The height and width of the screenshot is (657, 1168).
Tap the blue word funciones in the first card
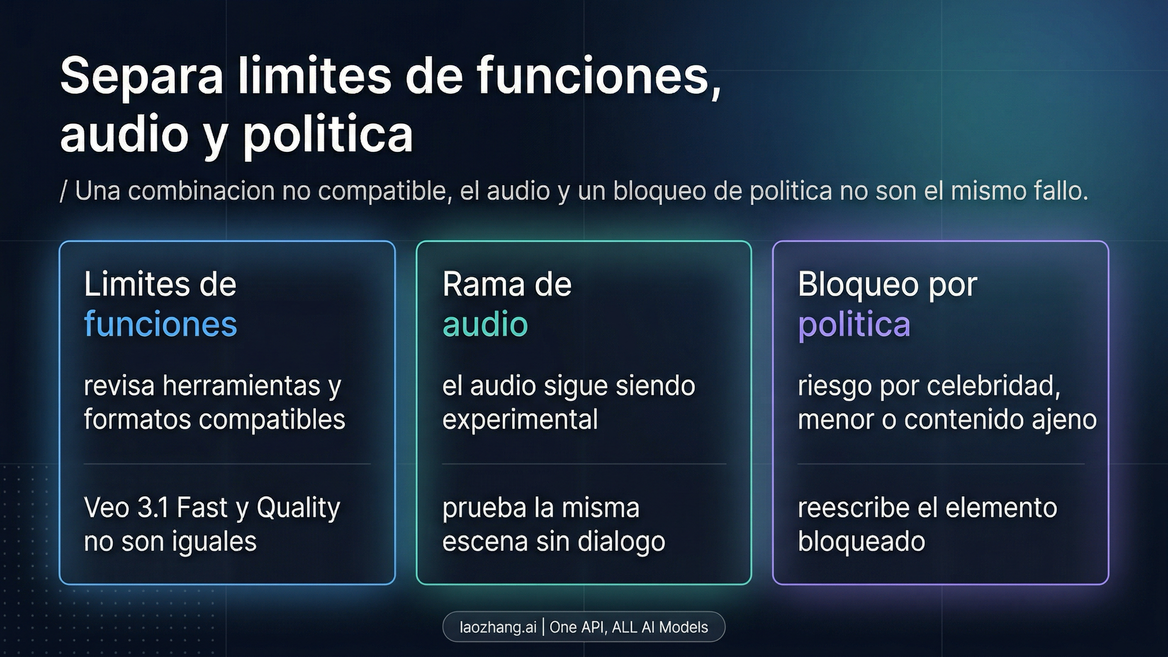(161, 324)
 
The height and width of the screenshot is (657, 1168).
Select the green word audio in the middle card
(485, 324)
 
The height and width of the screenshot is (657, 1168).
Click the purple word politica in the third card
(854, 325)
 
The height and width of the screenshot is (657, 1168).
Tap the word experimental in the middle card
(520, 420)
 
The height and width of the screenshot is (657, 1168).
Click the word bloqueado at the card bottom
(861, 541)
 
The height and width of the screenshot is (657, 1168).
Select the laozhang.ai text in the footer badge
(498, 627)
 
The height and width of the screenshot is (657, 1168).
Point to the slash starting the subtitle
(63, 191)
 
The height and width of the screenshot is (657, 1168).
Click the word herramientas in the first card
(241, 386)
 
